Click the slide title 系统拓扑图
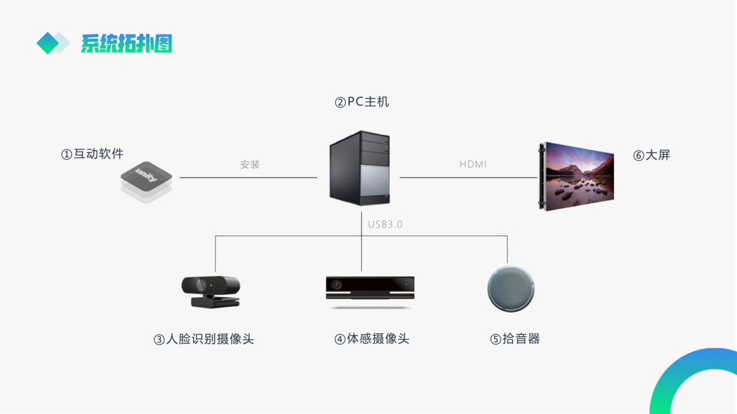pos(126,43)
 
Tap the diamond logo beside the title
pos(52,43)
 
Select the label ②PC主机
pos(362,102)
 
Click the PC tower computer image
pos(360,168)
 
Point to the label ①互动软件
pos(92,154)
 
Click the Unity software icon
pos(146,182)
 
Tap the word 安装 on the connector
pos(250,164)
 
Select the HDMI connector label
pos(473,164)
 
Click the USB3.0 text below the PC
pos(385,224)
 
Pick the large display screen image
pos(576,176)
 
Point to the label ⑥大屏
pos(652,155)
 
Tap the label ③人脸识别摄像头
pos(203,339)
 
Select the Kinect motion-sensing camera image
pos(370,290)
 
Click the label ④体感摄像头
pos(372,339)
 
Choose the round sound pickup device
pos(510,289)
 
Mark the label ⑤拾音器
pos(515,339)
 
